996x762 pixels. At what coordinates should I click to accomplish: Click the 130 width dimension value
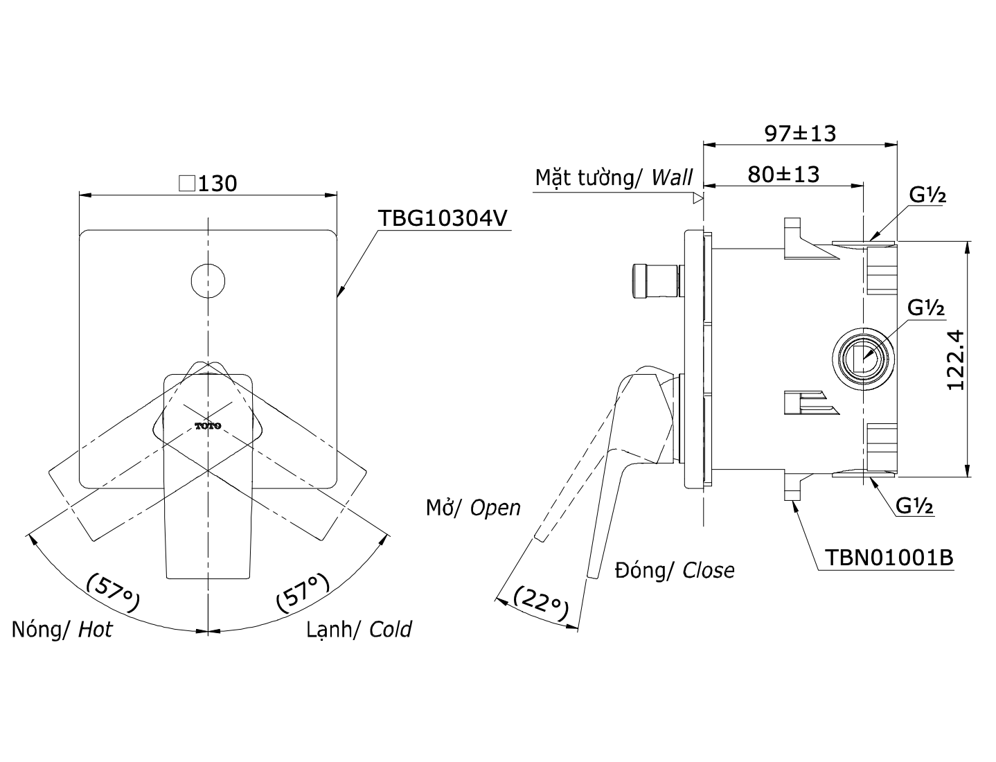(217, 184)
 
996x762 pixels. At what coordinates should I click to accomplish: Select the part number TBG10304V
(443, 218)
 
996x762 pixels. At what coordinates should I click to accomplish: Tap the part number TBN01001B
(889, 557)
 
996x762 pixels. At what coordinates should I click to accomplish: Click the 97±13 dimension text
(800, 134)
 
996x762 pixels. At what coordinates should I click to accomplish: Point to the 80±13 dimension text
(783, 175)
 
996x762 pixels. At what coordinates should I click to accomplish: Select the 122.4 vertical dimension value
(956, 360)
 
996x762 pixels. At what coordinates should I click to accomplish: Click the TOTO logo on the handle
(208, 426)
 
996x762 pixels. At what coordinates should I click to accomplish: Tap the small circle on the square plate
(208, 281)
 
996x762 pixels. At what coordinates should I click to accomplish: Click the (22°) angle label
(541, 603)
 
